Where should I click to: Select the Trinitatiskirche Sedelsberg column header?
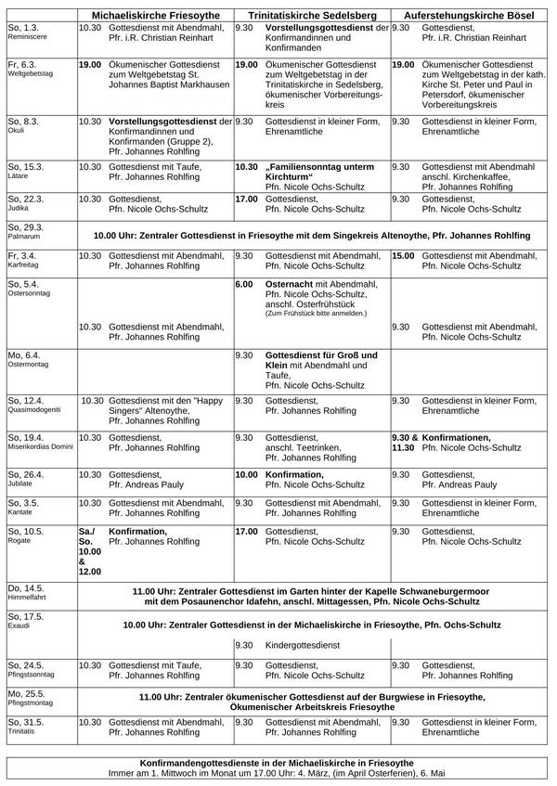pos(311,16)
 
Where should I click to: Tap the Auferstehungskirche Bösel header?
pos(469,16)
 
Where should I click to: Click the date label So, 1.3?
pos(23,29)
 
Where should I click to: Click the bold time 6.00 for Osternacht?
pos(245,284)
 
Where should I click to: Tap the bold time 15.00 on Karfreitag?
pos(404,254)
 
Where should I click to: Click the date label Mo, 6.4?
pos(24,355)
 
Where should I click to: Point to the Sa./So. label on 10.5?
pos(87,538)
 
